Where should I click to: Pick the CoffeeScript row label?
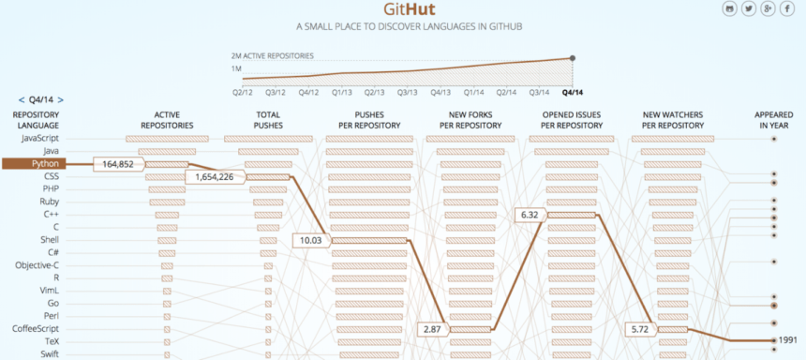37,329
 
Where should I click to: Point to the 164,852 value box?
118,165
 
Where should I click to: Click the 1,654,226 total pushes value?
215,177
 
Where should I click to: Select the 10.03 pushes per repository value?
309,241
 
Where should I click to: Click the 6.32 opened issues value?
529,216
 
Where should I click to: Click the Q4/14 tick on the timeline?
573,92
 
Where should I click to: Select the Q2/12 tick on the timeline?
244,92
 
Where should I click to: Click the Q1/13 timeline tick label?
342,92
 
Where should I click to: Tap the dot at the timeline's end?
573,58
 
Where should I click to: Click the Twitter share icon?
749,8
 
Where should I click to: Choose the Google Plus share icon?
768,8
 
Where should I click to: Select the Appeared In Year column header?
774,119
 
